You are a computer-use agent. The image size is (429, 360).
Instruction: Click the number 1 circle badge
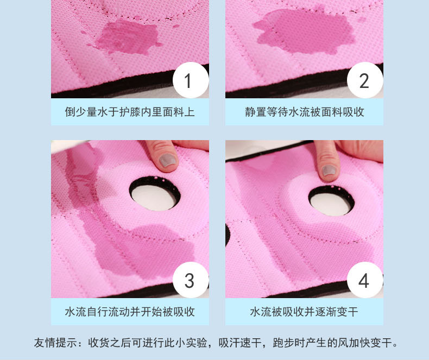188,80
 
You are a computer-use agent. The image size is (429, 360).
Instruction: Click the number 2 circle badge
364,80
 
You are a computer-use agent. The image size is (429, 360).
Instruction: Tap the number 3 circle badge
188,280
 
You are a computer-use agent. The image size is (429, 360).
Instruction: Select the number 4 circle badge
364,280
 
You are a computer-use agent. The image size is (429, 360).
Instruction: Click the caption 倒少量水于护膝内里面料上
130,112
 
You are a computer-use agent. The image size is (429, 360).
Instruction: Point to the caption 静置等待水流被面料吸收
304,112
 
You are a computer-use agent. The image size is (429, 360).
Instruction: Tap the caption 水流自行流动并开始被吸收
130,312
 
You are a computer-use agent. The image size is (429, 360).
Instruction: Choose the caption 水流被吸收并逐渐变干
304,312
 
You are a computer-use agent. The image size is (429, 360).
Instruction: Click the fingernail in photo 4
328,171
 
